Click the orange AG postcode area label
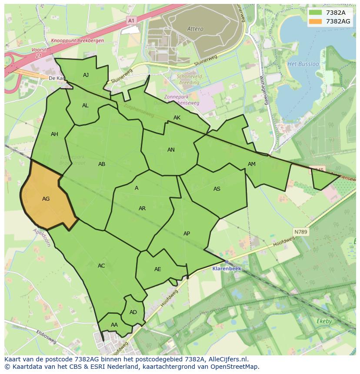[46, 199]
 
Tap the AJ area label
[86, 75]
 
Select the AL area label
[85, 106]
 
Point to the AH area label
[54, 134]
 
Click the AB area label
[102, 164]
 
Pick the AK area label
[177, 118]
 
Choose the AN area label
[171, 150]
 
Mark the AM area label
[252, 164]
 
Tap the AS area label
[217, 189]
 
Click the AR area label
[142, 209]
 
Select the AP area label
[187, 234]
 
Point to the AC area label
[101, 266]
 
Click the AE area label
[158, 269]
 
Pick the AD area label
[133, 312]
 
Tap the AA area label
[114, 325]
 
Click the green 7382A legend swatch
[315, 13]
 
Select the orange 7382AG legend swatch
[315, 21]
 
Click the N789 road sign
[300, 232]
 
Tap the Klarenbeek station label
[226, 268]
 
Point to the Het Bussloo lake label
[303, 64]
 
